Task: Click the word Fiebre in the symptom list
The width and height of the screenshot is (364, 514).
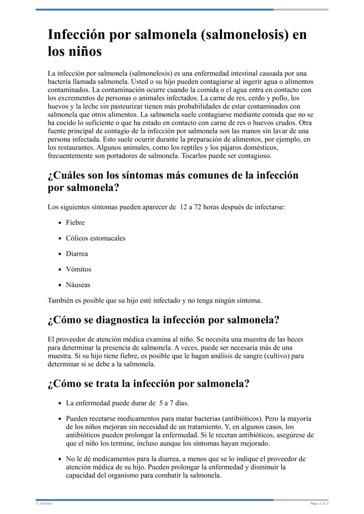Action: pyautogui.click(x=75, y=223)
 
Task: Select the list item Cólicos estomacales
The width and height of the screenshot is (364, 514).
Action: pyautogui.click(x=96, y=238)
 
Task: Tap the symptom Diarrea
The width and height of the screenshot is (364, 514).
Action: pyautogui.click(x=77, y=254)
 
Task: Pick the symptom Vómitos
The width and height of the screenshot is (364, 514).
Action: pyautogui.click(x=78, y=269)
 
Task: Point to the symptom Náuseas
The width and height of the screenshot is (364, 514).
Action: pyautogui.click(x=78, y=285)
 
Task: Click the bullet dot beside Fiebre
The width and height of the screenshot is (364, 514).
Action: pyautogui.click(x=60, y=223)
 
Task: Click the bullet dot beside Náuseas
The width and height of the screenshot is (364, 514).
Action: pyautogui.click(x=60, y=285)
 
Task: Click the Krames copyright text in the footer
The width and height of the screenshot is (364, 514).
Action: pyautogui.click(x=44, y=504)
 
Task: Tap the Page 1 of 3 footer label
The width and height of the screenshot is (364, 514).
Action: pyautogui.click(x=319, y=504)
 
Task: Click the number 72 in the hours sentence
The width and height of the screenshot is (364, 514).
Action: pyautogui.click(x=198, y=207)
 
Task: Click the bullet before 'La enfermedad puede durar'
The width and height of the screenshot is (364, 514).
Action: pyautogui.click(x=60, y=403)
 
